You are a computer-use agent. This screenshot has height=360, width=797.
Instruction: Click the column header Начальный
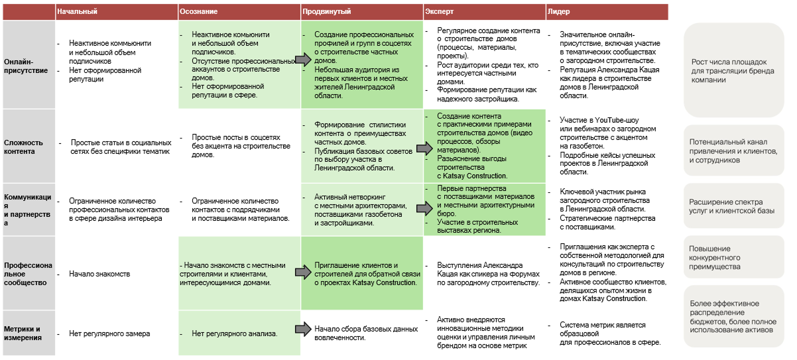78,12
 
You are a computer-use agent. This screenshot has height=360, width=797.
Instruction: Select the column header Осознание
198,12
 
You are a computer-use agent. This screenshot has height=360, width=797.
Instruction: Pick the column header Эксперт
440,12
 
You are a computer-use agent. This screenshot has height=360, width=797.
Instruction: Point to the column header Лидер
558,12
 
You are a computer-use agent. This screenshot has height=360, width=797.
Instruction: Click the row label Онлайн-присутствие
26,66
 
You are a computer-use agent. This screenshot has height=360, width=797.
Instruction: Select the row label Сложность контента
24,147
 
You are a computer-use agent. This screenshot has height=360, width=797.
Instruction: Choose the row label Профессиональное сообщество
26,273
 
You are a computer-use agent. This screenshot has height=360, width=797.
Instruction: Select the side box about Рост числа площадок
733,70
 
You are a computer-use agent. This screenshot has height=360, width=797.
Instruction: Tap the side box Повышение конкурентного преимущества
733,258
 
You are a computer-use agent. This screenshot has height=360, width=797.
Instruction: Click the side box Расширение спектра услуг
733,206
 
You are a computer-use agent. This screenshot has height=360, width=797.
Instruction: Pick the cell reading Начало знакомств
99,274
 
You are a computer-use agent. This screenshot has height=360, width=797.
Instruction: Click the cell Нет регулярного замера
109,333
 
